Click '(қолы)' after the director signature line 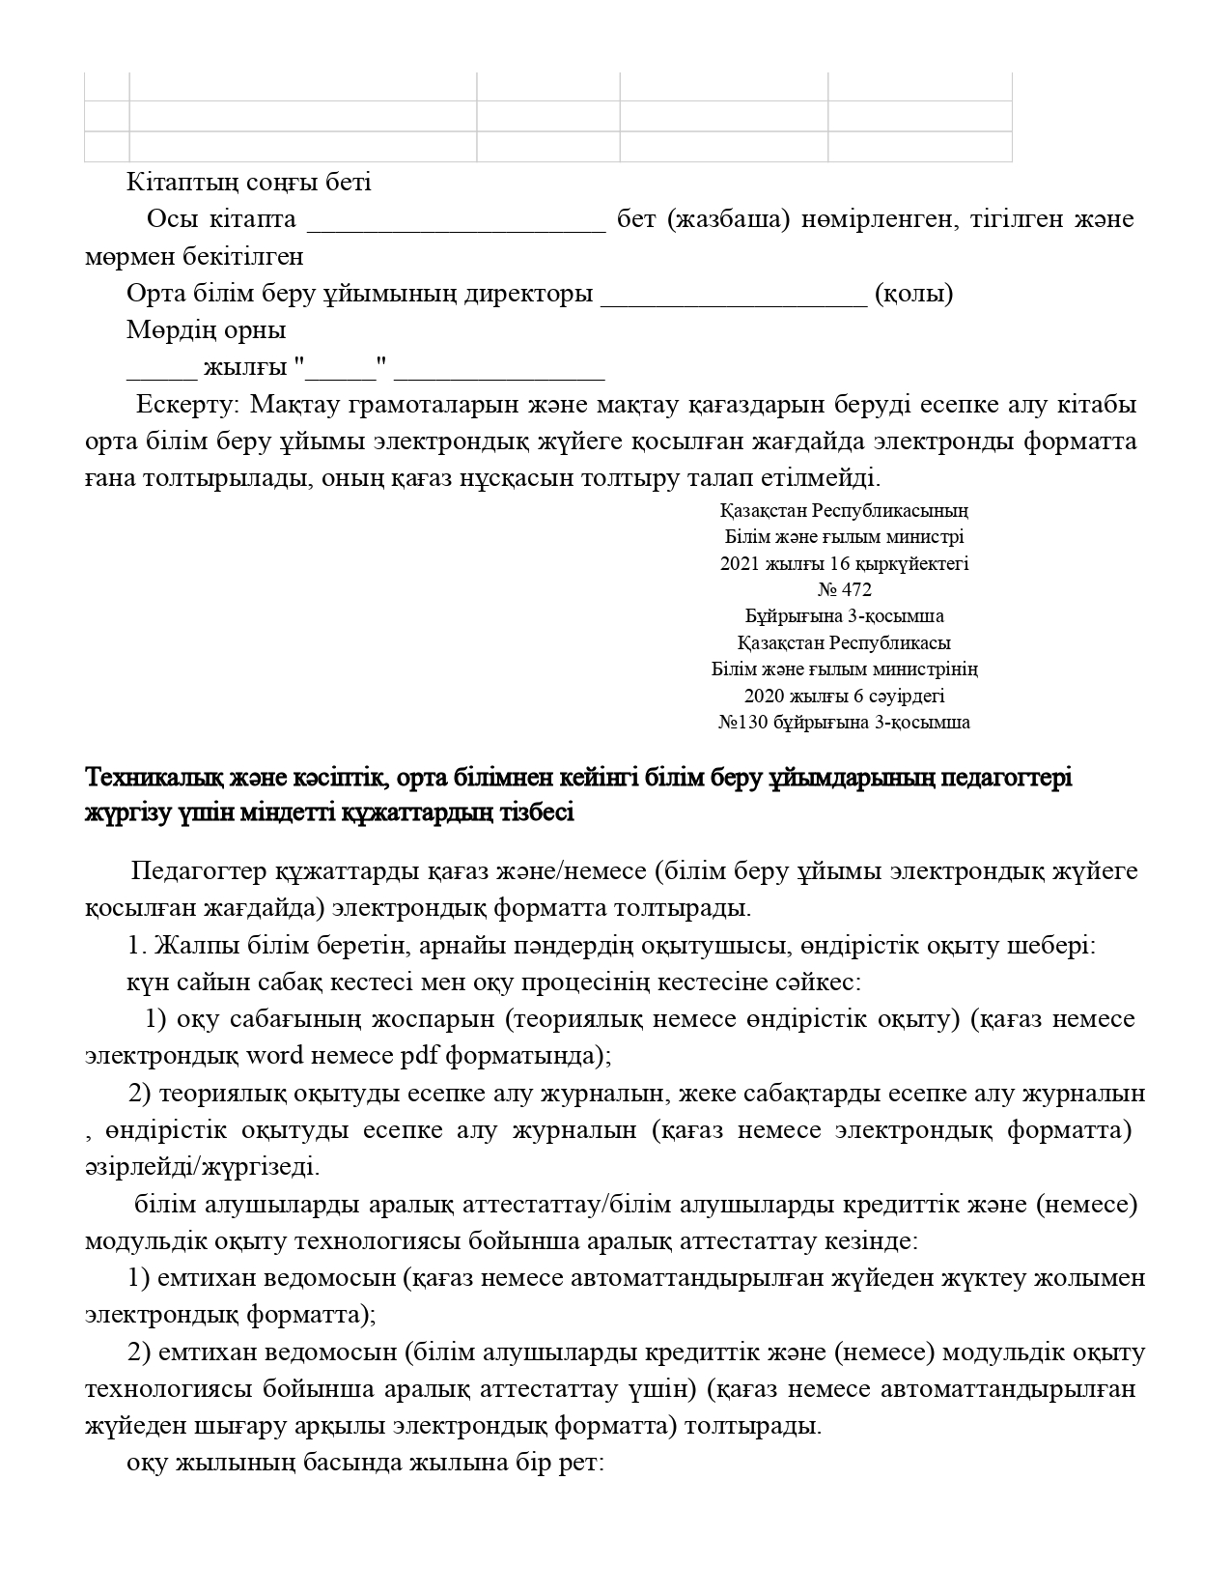point(913,294)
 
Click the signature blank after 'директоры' point(734,294)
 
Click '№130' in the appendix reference point(741,722)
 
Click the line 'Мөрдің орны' point(206,330)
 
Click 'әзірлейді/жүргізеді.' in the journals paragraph point(201,1167)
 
